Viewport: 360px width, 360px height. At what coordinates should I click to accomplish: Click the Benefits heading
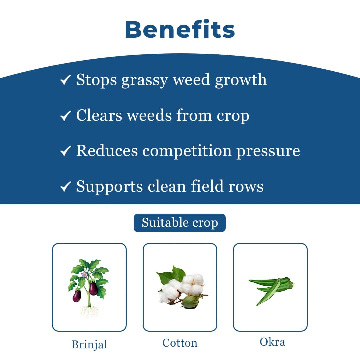pos(180,30)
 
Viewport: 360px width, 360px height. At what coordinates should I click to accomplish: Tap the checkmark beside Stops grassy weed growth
pos(65,80)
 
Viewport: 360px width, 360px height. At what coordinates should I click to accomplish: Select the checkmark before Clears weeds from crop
pos(65,116)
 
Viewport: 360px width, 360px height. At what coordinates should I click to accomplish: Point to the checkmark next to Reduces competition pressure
pos(65,152)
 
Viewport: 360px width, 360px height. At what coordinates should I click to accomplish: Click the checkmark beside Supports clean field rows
pos(65,187)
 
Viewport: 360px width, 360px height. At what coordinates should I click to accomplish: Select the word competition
pos(187,151)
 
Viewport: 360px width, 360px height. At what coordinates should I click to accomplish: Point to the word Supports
pos(109,187)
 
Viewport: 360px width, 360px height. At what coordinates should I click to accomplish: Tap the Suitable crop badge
pos(180,223)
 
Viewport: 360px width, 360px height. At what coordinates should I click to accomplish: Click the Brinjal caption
pos(89,344)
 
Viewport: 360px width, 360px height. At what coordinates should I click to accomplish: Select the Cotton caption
pos(180,343)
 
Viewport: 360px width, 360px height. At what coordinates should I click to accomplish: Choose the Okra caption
pos(272,342)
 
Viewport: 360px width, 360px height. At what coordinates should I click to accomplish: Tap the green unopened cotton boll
pos(189,302)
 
